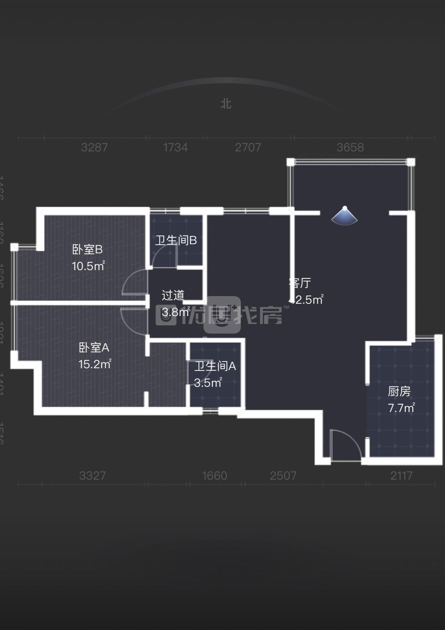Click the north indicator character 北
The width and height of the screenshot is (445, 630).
click(x=226, y=104)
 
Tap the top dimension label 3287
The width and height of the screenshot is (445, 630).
click(x=94, y=148)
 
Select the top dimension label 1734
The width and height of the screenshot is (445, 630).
click(x=175, y=148)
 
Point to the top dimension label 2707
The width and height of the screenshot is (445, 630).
click(x=248, y=148)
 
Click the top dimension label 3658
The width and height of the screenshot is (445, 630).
click(x=350, y=148)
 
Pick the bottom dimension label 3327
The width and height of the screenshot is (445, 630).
click(x=93, y=475)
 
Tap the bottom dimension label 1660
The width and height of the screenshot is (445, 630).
click(x=214, y=475)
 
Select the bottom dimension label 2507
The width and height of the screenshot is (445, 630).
click(x=283, y=475)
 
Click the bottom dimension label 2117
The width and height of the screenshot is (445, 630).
click(x=401, y=475)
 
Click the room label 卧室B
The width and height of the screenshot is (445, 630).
click(x=87, y=250)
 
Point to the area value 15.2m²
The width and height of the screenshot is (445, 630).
click(x=95, y=364)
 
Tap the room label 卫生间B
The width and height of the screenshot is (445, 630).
click(x=176, y=240)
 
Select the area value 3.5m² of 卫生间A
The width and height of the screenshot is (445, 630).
click(x=208, y=382)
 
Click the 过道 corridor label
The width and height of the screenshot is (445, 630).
click(x=173, y=295)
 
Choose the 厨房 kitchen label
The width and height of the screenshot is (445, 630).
click(x=399, y=391)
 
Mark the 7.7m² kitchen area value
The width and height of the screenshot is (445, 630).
click(x=401, y=408)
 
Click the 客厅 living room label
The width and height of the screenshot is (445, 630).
click(x=300, y=283)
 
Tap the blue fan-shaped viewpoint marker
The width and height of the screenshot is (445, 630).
click(x=345, y=217)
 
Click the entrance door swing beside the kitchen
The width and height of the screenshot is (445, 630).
click(x=345, y=445)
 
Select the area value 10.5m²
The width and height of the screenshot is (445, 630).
click(x=88, y=266)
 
